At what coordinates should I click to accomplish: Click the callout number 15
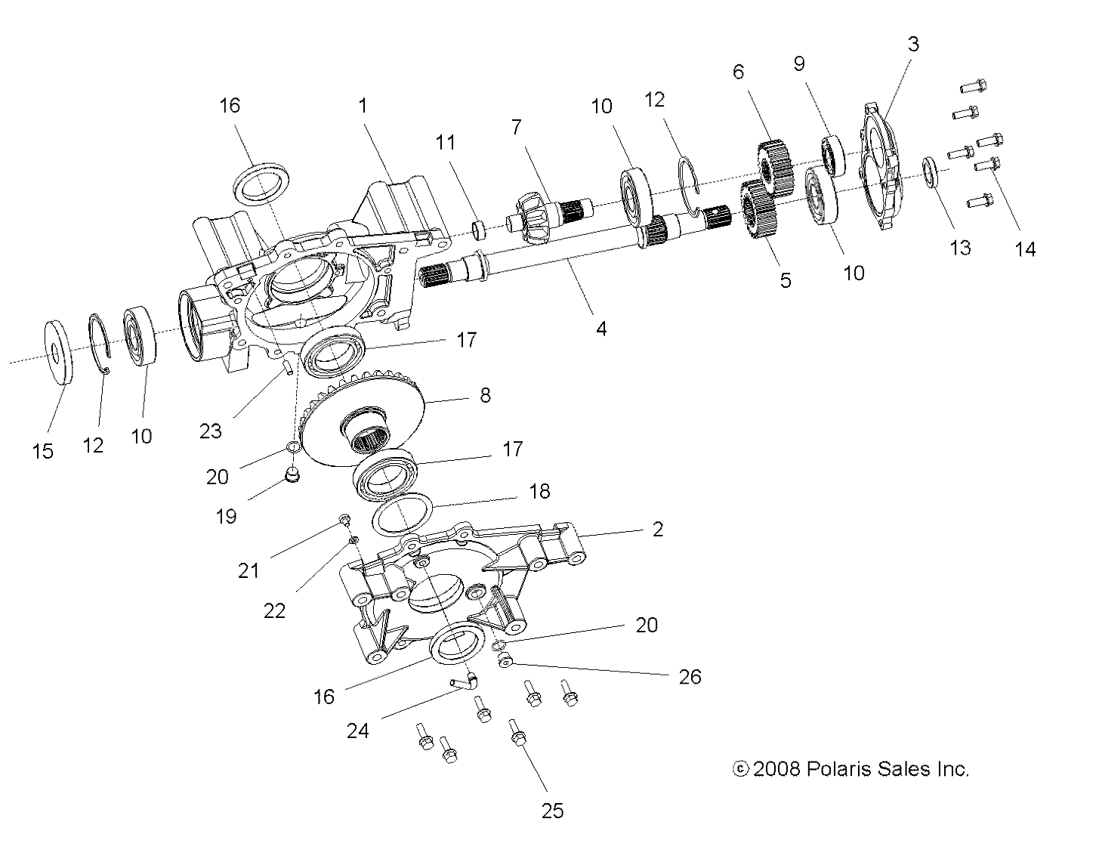(43, 451)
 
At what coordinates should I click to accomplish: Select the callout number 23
(211, 431)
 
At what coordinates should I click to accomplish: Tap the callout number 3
(912, 44)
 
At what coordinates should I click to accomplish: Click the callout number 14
(1025, 249)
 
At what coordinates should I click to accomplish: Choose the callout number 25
(553, 811)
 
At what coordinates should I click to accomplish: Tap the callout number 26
(690, 676)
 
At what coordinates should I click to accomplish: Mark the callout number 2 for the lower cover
(657, 530)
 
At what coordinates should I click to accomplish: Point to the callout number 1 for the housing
(363, 105)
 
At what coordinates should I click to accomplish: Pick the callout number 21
(249, 570)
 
